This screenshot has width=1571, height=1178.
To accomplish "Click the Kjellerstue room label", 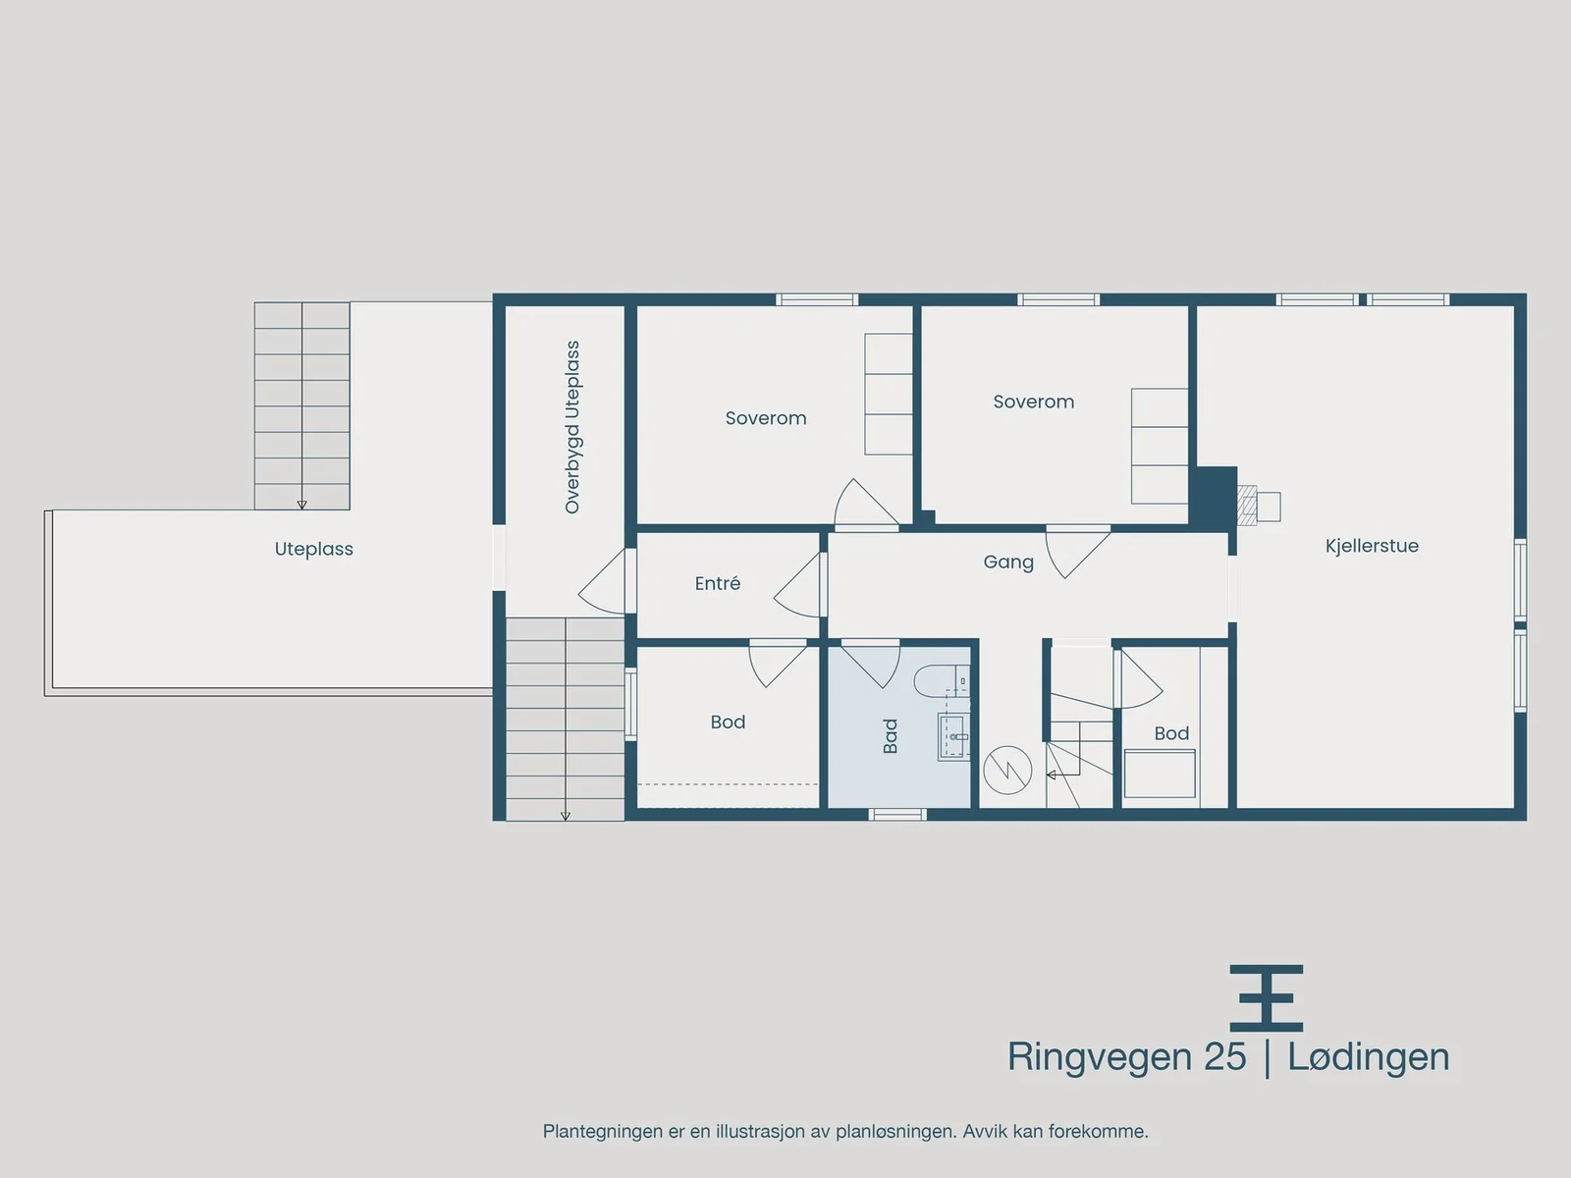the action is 1372,547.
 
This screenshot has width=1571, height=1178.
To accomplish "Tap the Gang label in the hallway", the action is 1008,562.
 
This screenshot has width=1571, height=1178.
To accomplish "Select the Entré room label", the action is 717,584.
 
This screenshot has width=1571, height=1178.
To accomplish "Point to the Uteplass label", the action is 313,550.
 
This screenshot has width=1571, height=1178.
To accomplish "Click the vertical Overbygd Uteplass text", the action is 571,427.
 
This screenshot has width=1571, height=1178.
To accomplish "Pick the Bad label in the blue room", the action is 890,736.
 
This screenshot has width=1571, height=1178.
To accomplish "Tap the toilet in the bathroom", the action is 941,679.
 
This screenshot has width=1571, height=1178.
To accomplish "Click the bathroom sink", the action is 954,736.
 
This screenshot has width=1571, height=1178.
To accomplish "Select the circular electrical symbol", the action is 1007,771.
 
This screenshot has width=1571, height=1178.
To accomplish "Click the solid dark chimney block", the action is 1214,498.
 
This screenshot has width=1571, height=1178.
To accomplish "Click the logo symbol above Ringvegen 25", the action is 1266,998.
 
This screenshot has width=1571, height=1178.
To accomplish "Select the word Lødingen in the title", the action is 1369,1058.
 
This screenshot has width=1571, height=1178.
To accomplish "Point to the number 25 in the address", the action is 1224,1057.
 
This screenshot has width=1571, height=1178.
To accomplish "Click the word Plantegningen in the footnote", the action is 603,1132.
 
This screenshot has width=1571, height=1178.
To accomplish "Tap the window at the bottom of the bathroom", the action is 897,814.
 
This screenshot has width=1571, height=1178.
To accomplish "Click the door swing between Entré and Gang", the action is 796,584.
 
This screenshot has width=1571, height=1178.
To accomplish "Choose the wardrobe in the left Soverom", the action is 889,394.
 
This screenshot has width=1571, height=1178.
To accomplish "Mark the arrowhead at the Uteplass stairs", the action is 302,505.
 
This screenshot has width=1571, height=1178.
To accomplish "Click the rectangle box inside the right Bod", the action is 1160,774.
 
